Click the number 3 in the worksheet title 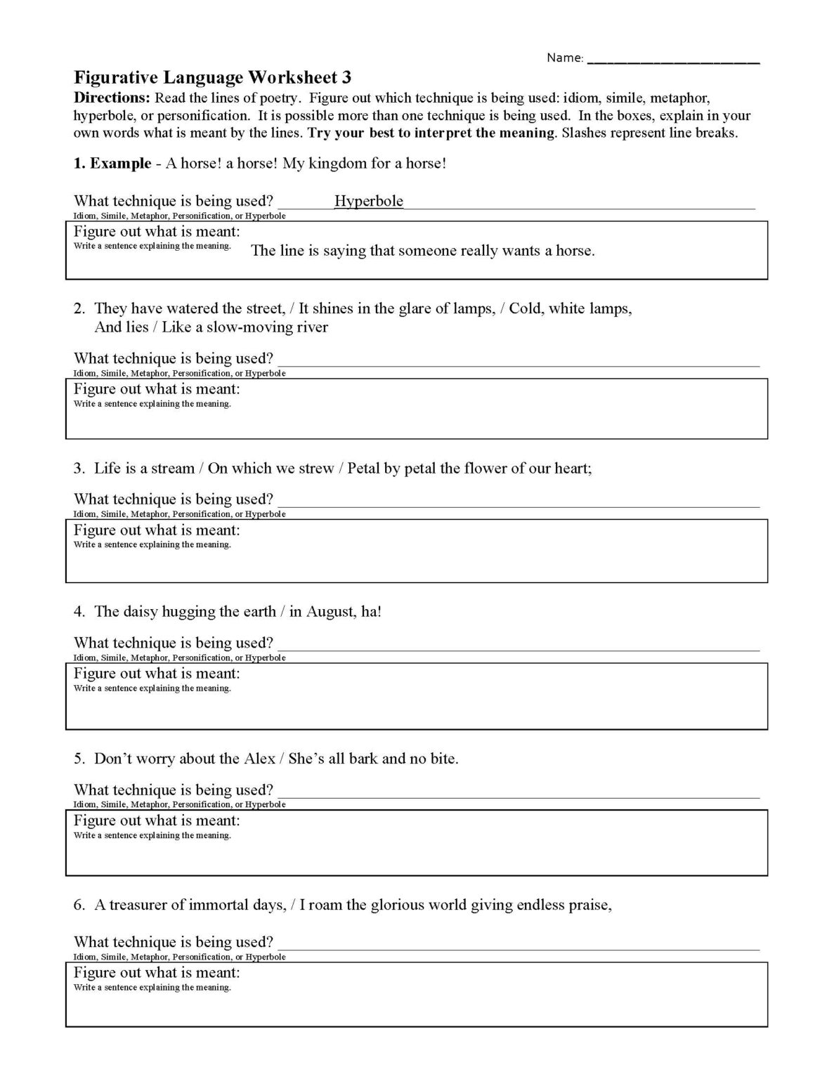pyautogui.click(x=346, y=77)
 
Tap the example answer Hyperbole pyautogui.click(x=369, y=201)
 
